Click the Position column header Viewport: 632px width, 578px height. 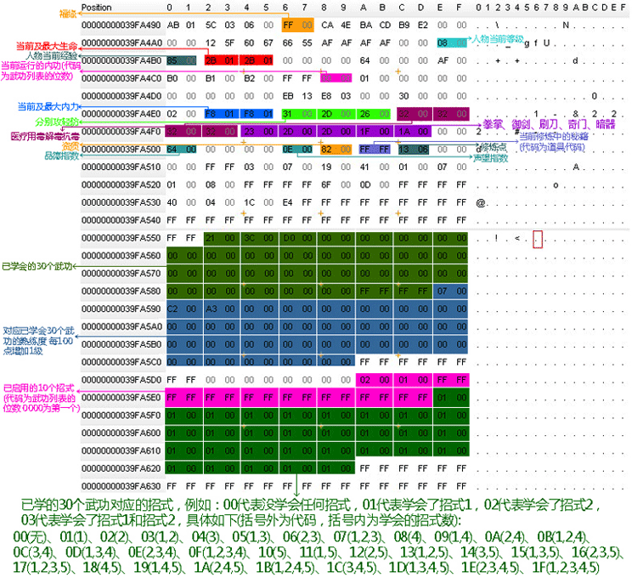98,8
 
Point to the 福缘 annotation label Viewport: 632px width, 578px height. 66,14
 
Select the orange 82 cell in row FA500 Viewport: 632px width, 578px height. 326,150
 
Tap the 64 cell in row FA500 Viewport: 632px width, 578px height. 172,150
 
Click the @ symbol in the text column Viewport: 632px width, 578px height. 481,202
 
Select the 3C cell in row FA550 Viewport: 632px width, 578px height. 248,239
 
